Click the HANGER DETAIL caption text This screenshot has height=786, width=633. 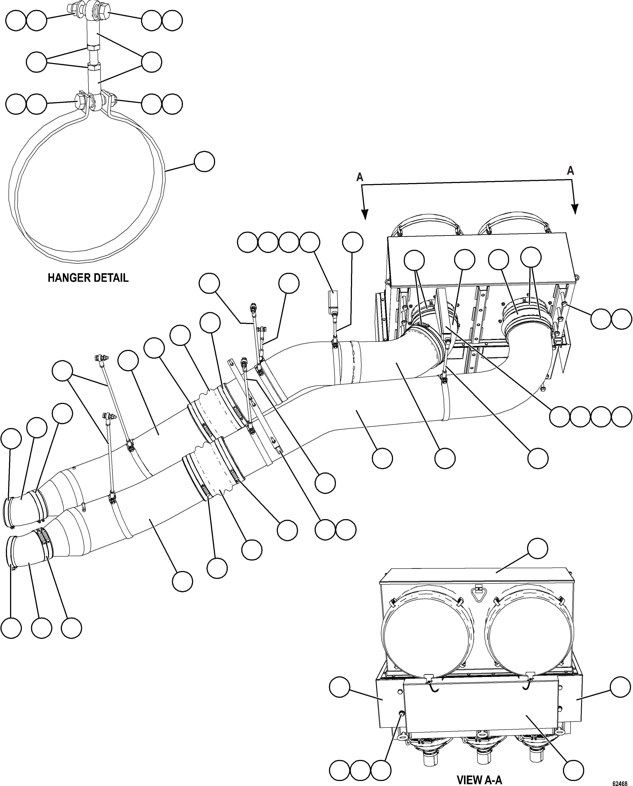88,278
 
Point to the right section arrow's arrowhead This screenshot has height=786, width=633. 575,209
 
